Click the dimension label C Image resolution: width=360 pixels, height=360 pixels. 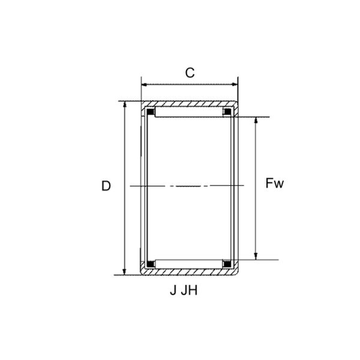pos(190,73)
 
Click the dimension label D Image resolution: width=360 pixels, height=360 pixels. pos(106,187)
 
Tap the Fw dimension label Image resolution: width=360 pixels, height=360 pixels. pos(274,183)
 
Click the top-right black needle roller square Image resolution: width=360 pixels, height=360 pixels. pos(228,112)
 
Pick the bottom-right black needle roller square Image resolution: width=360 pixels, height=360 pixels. pos(228,263)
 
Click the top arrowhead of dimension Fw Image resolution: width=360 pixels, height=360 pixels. pos(256,121)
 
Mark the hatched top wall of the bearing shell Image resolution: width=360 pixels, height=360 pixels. pos(190,104)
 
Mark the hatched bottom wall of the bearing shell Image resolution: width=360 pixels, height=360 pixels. pos(190,272)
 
